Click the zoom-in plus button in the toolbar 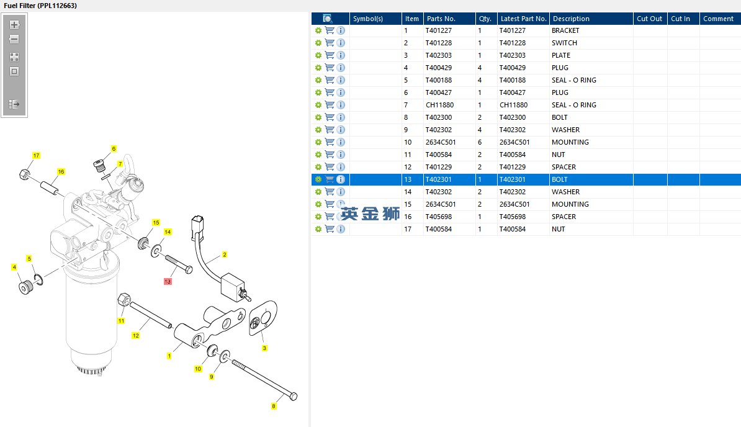click(x=14, y=25)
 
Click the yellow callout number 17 click(x=37, y=155)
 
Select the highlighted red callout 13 click(x=168, y=282)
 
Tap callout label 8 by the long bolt click(x=274, y=407)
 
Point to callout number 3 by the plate click(x=264, y=348)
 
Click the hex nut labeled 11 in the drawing click(x=124, y=299)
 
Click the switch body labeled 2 click(x=233, y=287)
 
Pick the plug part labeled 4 click(x=26, y=287)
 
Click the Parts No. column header click(x=441, y=19)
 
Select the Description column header click(x=571, y=19)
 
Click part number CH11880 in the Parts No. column click(x=439, y=105)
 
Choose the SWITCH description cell click(x=564, y=43)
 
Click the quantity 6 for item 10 click(x=480, y=142)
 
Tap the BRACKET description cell click(x=565, y=30)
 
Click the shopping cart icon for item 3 click(x=330, y=55)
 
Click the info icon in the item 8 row click(x=341, y=117)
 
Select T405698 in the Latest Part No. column click(x=512, y=217)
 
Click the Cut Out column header click(x=649, y=19)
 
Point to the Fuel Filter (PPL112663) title click(x=40, y=6)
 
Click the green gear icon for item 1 click(x=318, y=30)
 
